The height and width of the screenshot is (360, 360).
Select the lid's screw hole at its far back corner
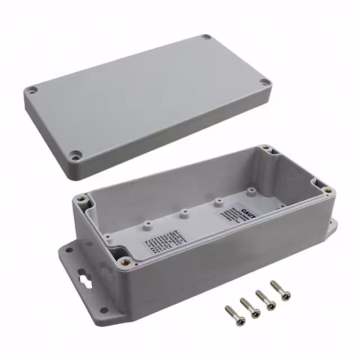tap(206, 37)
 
